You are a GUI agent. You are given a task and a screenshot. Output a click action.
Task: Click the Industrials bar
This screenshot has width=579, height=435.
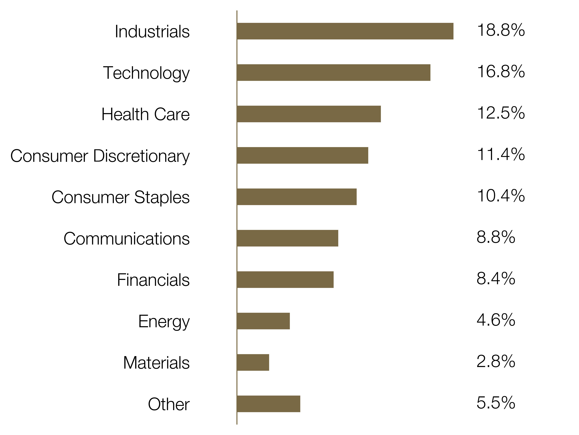point(345,31)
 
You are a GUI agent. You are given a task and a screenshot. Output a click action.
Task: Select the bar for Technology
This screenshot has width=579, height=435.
point(334,73)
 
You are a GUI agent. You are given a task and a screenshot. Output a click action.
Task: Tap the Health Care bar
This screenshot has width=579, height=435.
point(309,114)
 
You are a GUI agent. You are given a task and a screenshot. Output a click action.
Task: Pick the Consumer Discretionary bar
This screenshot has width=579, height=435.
point(303,155)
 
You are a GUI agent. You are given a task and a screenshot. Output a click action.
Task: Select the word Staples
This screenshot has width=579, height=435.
point(162,198)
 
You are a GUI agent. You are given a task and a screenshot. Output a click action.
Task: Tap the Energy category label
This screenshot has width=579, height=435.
point(164,322)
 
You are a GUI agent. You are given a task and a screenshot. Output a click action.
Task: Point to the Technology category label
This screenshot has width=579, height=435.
point(146,73)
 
